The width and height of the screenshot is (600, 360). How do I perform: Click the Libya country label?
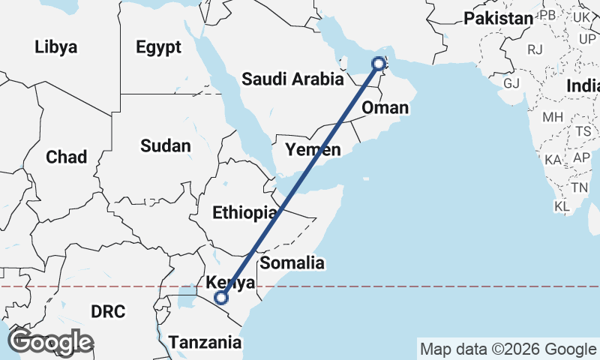coord(55,47)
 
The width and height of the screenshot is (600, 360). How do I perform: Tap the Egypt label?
coord(158,47)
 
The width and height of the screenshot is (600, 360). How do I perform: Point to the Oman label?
coord(385,109)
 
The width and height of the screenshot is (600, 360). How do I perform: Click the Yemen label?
coord(313,150)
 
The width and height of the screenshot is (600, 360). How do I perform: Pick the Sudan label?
coord(166,145)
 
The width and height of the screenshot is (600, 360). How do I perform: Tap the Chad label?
coord(66,157)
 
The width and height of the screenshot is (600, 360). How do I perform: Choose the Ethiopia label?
coord(244,213)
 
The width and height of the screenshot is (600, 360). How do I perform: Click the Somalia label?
coord(292,263)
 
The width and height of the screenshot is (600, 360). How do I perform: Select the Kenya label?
coord(231,283)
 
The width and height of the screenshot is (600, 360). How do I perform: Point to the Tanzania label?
coord(205,343)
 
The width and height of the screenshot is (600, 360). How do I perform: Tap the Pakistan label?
coord(498,19)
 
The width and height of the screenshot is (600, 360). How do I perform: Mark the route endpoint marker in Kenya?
coord(221,298)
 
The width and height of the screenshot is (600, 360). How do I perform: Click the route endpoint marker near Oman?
coord(378,64)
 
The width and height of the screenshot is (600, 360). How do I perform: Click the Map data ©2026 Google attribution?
coord(508,349)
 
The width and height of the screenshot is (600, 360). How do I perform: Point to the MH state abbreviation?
coord(553,117)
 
